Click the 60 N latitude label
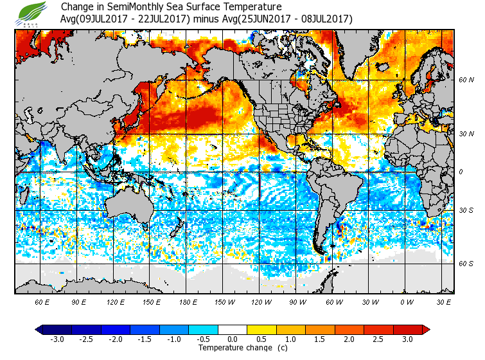tap(466, 80)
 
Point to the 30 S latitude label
tap(466, 210)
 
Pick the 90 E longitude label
tap(78, 301)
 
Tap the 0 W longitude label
tap(407, 301)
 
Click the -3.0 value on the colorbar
tap(56, 339)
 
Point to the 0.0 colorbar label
tap(233, 339)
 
